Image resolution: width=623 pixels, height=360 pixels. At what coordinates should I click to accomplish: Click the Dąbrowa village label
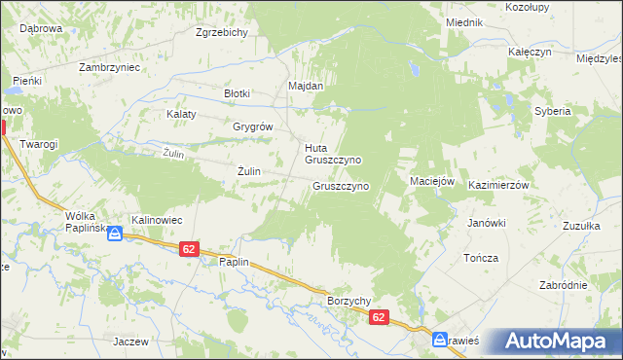click(41, 29)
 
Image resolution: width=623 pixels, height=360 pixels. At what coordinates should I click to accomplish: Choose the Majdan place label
click(306, 86)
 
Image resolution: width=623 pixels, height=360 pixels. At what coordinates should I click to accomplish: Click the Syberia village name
click(552, 111)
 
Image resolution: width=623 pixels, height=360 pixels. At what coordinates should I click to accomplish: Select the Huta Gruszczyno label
click(333, 154)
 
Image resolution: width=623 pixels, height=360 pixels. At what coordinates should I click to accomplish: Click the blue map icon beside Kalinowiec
click(115, 234)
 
